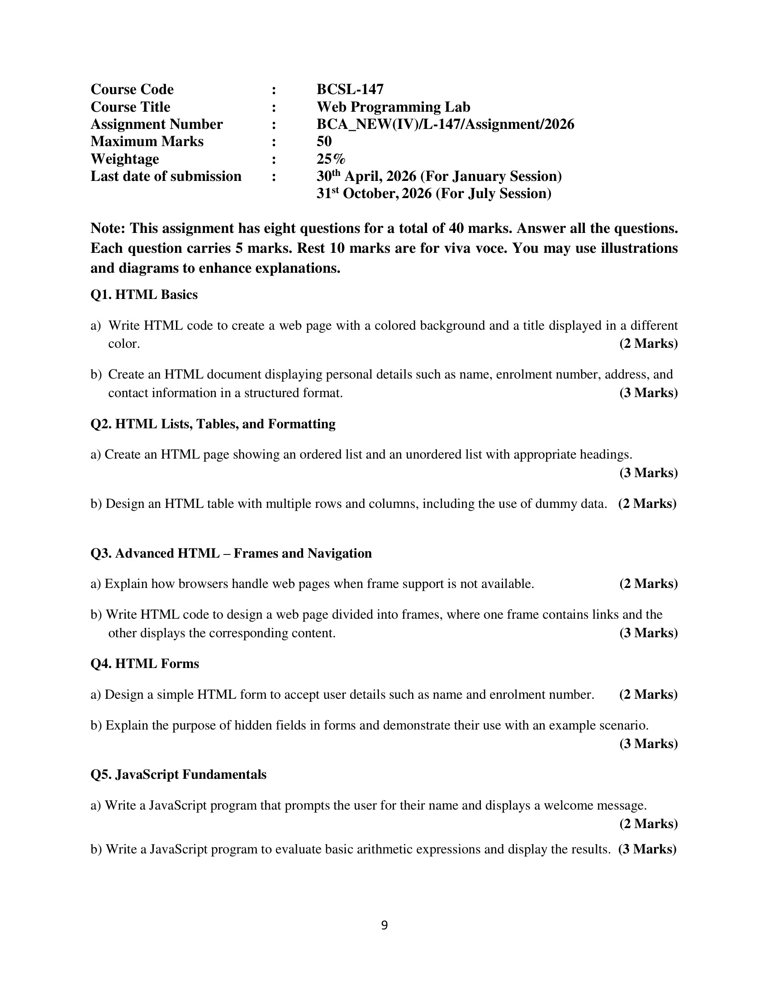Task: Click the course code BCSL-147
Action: [x=350, y=89]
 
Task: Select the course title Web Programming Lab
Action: [x=393, y=107]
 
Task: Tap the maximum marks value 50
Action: [x=324, y=141]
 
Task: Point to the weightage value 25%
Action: [x=331, y=159]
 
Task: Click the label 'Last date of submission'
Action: [x=166, y=176]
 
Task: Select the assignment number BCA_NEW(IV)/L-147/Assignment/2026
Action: [x=445, y=124]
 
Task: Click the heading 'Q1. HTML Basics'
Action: [x=144, y=295]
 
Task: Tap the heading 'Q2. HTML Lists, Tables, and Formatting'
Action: [x=213, y=424]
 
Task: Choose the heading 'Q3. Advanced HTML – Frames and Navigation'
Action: [x=231, y=554]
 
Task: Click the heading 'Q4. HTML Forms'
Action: [x=145, y=664]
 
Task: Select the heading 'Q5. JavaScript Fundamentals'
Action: [x=178, y=774]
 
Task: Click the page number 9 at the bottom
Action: [x=384, y=925]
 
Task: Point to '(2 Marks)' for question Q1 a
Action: [x=648, y=344]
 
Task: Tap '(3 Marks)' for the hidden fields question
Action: [x=648, y=744]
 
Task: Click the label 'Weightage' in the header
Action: [x=125, y=159]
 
